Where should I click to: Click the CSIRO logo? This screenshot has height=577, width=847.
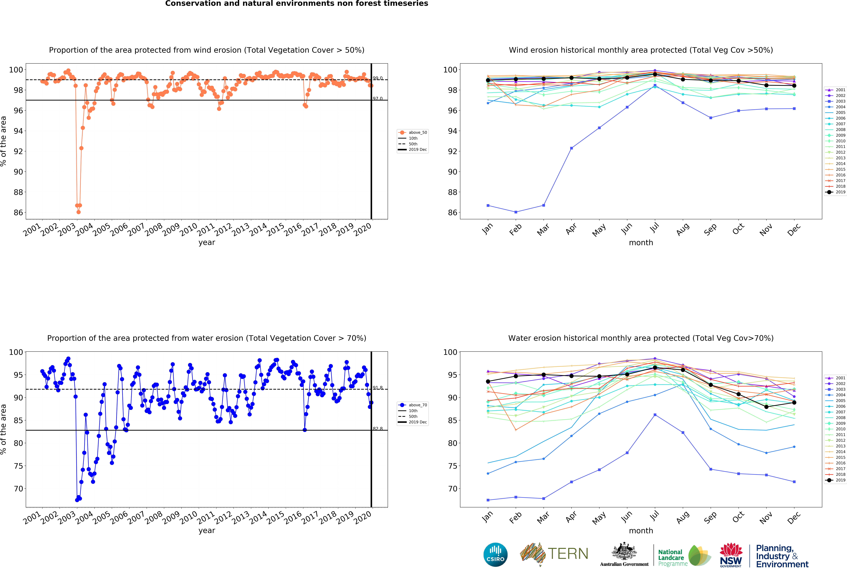pos(495,555)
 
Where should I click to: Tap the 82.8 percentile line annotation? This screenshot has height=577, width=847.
pos(378,429)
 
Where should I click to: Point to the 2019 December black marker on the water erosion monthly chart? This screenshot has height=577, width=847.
pos(794,403)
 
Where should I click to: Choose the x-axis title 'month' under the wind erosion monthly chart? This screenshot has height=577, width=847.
pos(641,243)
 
